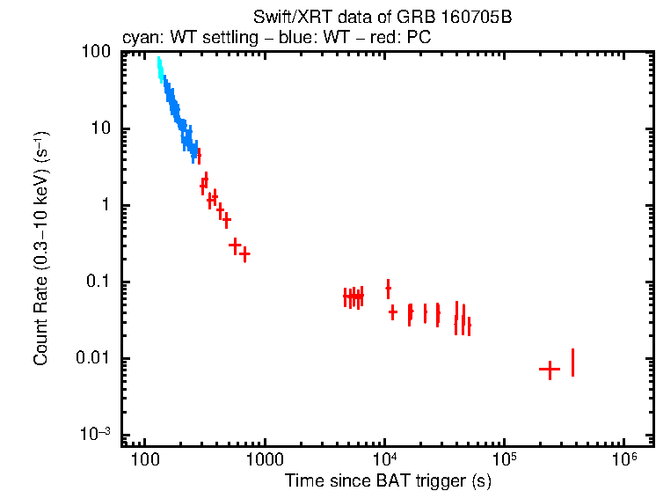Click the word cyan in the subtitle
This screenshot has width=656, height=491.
coord(139,38)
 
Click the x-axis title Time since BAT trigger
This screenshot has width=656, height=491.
coord(387,480)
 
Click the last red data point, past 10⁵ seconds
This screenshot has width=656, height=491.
coord(572,363)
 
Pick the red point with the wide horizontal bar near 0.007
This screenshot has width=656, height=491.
coord(550,370)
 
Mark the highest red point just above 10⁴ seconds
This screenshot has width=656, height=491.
coord(388,288)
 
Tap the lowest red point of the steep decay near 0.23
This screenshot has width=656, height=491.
coord(245,254)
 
